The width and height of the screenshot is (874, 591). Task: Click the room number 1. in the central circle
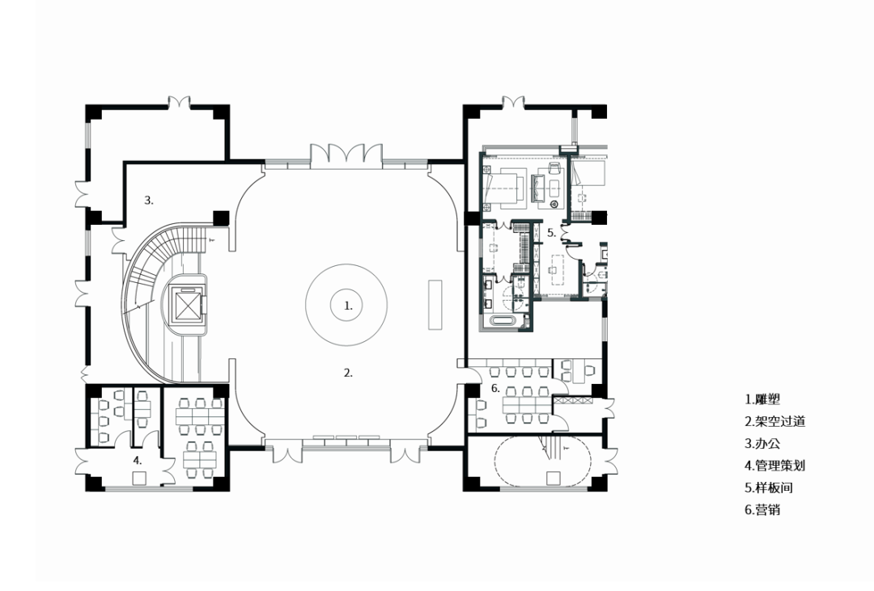tap(348, 306)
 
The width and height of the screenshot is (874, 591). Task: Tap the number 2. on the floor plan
tap(348, 374)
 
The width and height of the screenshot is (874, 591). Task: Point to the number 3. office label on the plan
tap(149, 200)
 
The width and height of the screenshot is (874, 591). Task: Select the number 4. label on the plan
tap(138, 461)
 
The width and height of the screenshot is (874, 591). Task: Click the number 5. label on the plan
tap(552, 233)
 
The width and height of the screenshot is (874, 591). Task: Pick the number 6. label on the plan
tap(495, 388)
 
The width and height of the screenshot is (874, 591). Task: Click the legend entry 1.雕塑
tap(762, 399)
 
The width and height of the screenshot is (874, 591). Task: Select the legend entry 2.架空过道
tap(775, 421)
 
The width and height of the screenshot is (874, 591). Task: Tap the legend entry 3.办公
tap(762, 443)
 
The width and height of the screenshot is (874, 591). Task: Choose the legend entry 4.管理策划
tap(775, 465)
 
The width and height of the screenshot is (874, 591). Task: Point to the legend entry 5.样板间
tap(769, 488)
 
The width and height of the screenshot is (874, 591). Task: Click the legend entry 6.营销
tap(762, 509)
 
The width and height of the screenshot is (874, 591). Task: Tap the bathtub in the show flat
tap(503, 322)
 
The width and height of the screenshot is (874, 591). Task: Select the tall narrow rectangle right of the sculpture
tap(435, 304)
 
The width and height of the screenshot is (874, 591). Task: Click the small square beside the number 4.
tap(139, 478)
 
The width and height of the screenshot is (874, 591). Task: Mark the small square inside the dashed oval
tap(553, 479)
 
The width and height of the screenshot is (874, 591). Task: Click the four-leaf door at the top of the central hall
tap(346, 153)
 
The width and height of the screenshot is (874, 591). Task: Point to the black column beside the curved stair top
tap(221, 217)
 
